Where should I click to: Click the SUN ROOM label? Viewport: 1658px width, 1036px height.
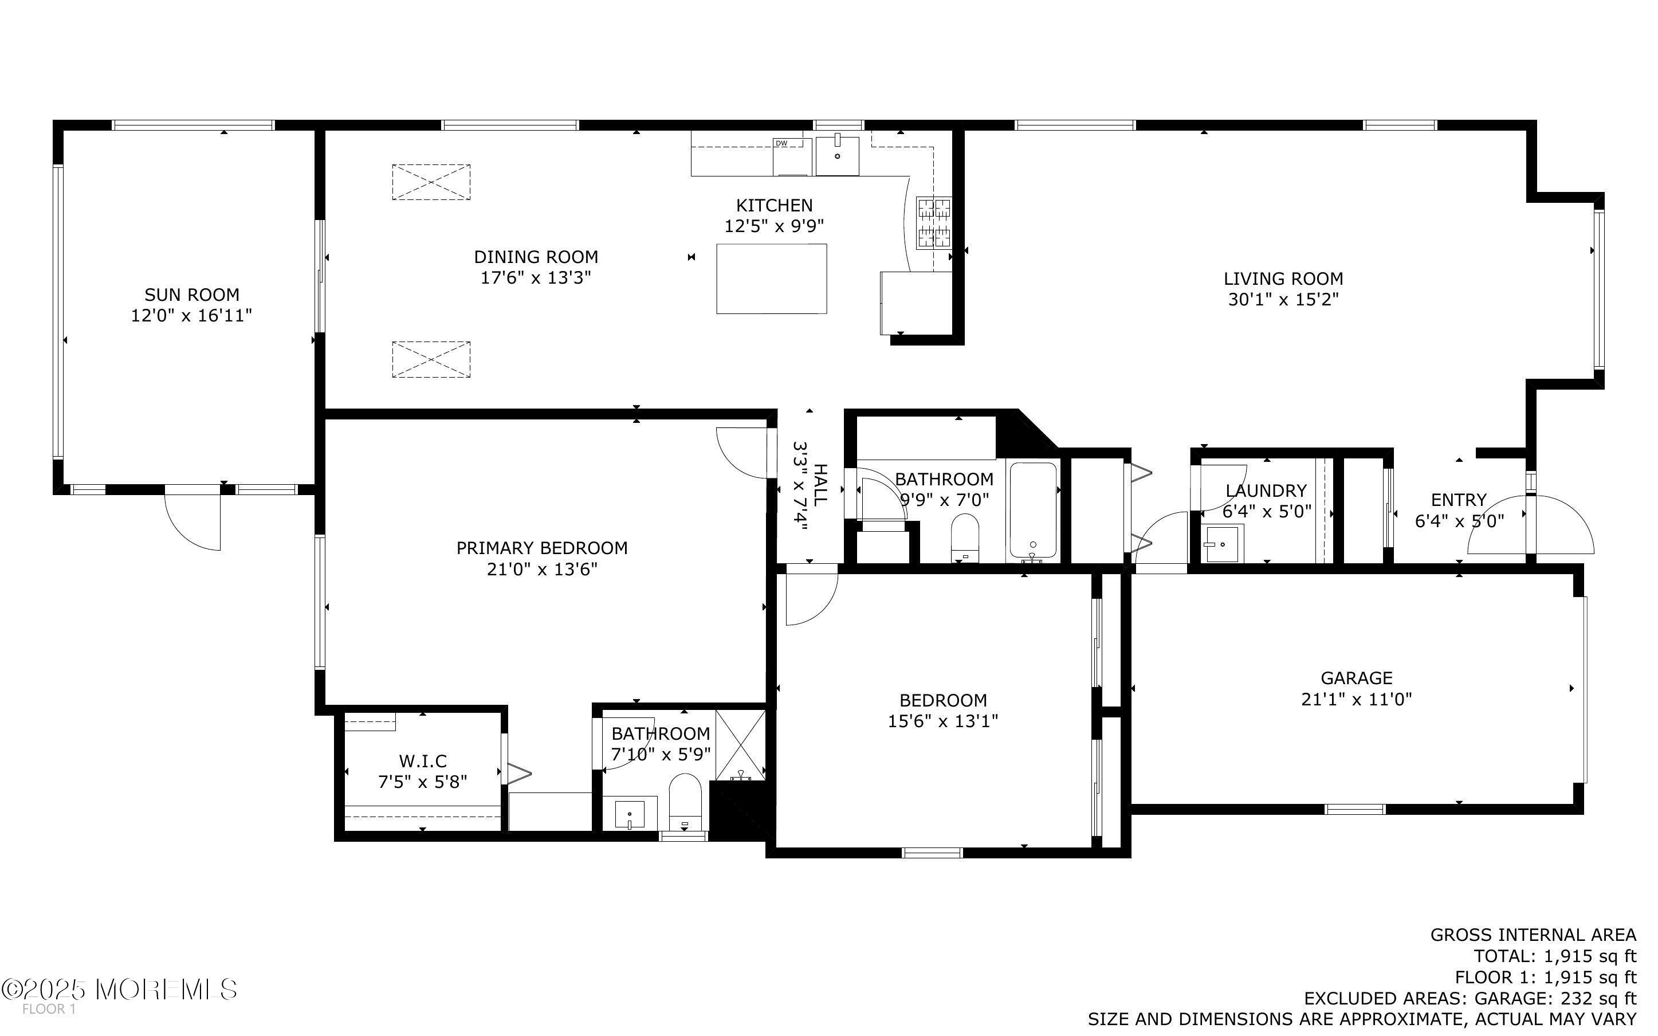pos(191,295)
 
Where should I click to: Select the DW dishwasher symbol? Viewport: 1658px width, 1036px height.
pos(792,157)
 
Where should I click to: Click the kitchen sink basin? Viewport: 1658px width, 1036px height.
pos(837,156)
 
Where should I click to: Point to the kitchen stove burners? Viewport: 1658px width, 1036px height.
pos(934,222)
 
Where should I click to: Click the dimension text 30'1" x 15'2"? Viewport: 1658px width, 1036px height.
pos(1283,300)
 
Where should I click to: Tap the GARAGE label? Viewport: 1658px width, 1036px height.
pos(1356,678)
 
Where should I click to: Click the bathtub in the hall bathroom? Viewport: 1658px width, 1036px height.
pos(1033,511)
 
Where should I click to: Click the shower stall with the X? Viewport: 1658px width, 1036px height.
pos(740,745)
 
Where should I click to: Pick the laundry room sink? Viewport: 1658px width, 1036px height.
pos(1222,544)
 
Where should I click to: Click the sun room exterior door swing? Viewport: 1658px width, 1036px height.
pos(195,524)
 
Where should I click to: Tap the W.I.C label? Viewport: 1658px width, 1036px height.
pos(423,760)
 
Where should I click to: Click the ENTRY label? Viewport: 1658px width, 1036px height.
pos(1458,500)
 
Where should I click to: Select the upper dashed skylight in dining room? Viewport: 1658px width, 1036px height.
pos(431,182)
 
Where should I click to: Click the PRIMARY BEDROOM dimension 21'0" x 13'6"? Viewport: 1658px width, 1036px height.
pos(542,570)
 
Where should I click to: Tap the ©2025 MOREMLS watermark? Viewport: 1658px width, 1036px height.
pos(119,990)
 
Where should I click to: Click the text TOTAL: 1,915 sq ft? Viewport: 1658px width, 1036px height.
pos(1554,956)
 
